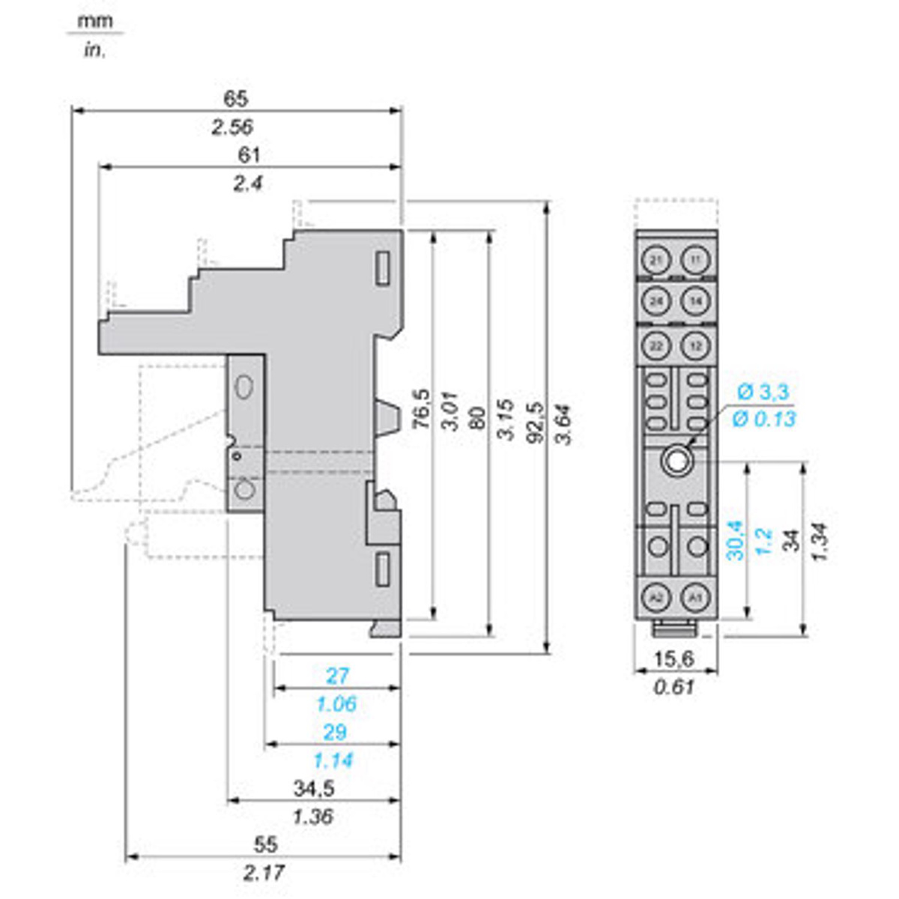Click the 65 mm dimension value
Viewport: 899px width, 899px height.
click(235, 98)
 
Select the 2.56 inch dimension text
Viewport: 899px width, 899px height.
click(232, 127)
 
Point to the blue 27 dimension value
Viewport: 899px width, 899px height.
click(337, 676)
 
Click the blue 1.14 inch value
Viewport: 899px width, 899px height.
click(333, 761)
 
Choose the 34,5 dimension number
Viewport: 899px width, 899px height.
click(314, 788)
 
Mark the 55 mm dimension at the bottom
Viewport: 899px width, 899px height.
click(265, 845)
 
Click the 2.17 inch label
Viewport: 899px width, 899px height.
click(264, 873)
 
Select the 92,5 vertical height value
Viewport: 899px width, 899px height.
click(536, 424)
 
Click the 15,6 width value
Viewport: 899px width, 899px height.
click(674, 659)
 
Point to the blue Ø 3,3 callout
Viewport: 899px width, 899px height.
click(763, 391)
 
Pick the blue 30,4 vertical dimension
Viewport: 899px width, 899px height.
click(736, 540)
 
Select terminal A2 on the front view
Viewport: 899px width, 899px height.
click(656, 597)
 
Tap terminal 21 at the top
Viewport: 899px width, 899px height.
click(656, 260)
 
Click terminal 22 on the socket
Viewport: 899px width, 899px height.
click(656, 345)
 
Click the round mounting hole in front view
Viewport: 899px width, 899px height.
click(676, 460)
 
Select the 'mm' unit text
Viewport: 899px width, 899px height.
click(95, 22)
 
